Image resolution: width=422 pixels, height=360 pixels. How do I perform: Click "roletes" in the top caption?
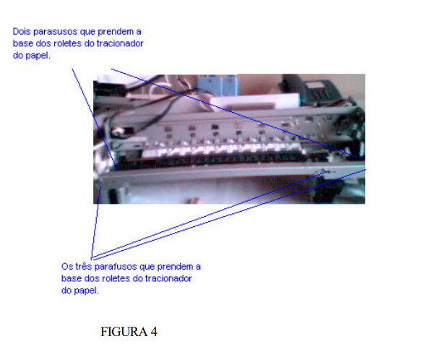(x=68, y=43)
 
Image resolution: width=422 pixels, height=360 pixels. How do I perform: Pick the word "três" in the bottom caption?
(x=83, y=267)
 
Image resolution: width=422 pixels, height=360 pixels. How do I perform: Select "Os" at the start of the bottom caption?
(x=66, y=267)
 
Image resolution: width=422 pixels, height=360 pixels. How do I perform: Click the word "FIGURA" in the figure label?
(x=124, y=332)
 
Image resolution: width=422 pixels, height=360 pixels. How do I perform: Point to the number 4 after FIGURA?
(x=154, y=332)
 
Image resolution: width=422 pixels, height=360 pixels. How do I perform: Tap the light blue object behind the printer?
(x=218, y=85)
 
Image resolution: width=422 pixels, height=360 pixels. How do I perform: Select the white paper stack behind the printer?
(x=254, y=102)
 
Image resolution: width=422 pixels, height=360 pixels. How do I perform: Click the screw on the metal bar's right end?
(x=327, y=171)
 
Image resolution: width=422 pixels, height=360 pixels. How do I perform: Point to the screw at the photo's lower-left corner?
(x=100, y=181)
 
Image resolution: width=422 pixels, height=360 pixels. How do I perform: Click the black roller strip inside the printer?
(x=212, y=159)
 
